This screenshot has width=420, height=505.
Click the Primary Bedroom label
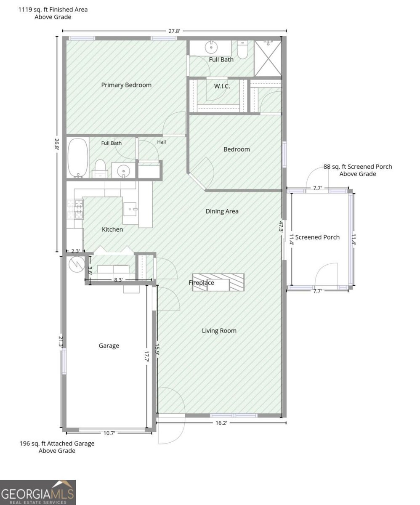[126, 85]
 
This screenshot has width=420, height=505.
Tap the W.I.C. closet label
[222, 86]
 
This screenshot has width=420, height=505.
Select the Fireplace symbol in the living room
[218, 282]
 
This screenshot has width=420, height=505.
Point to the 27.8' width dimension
[174, 31]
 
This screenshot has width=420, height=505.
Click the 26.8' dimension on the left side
[57, 144]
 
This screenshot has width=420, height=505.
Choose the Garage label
[109, 346]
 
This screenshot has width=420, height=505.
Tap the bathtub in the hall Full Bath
[78, 158]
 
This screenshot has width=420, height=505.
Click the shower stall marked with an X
[268, 58]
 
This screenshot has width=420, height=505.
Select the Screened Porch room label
[317, 237]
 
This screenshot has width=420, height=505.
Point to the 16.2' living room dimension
[221, 423]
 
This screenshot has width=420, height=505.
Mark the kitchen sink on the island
[130, 209]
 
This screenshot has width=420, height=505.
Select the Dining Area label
[222, 211]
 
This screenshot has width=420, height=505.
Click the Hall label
[161, 142]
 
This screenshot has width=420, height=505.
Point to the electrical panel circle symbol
[77, 264]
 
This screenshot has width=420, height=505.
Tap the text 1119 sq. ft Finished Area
[53, 9]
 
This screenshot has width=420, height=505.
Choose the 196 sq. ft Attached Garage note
[57, 443]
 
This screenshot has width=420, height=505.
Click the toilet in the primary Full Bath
[242, 50]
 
